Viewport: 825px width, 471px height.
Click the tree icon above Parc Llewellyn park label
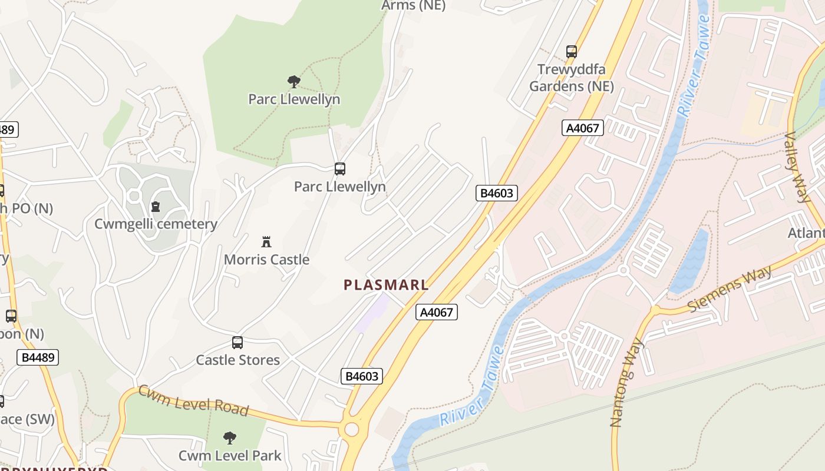pyautogui.click(x=293, y=81)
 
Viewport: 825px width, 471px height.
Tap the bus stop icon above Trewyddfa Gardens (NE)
pyautogui.click(x=571, y=51)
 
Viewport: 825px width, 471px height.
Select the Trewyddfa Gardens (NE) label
pyautogui.click(x=571, y=78)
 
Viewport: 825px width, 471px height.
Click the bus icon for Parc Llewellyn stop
pyautogui.click(x=339, y=169)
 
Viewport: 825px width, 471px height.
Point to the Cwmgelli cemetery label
pyautogui.click(x=156, y=224)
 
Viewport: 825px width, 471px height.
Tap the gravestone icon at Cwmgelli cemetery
pyautogui.click(x=156, y=207)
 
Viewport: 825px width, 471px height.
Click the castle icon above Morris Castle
pyautogui.click(x=266, y=241)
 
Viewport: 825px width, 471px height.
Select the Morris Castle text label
pyautogui.click(x=266, y=259)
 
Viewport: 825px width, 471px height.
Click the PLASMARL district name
pyautogui.click(x=386, y=285)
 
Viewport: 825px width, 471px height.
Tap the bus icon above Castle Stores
pyautogui.click(x=237, y=342)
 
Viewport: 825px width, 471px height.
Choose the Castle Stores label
pyautogui.click(x=237, y=360)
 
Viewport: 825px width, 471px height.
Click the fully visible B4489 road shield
pyautogui.click(x=38, y=357)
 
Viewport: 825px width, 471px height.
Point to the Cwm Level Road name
pyautogui.click(x=193, y=400)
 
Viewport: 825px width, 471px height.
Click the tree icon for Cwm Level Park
pyautogui.click(x=230, y=437)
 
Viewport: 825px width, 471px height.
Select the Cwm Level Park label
pyautogui.click(x=230, y=455)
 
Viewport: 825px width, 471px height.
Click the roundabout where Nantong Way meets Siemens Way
pyautogui.click(x=655, y=310)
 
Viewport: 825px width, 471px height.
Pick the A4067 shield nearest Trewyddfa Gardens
pyautogui.click(x=582, y=128)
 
